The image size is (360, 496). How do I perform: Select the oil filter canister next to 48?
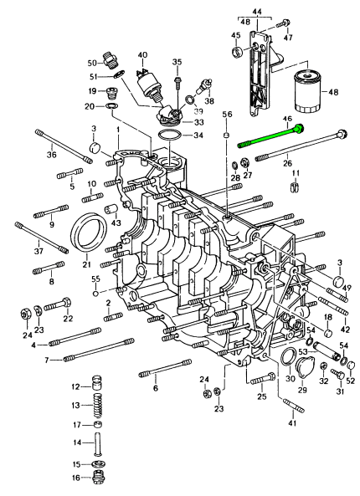(x=311, y=93)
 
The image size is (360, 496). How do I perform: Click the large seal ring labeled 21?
(x=89, y=233)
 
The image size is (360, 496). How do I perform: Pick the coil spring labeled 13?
(x=98, y=406)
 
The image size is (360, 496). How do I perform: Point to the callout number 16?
(x=75, y=478)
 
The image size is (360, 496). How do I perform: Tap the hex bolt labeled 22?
(x=54, y=307)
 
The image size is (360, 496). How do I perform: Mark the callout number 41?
(x=292, y=425)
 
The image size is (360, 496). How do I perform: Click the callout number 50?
(x=92, y=63)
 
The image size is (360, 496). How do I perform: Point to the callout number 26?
(x=287, y=163)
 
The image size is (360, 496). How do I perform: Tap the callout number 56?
(x=226, y=113)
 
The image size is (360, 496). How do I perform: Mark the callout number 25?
(x=262, y=396)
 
